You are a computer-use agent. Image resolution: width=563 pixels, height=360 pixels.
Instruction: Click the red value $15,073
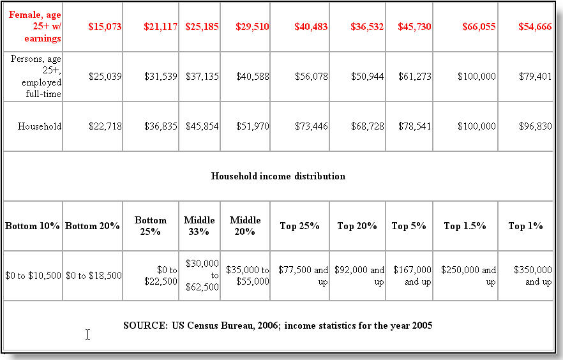point(105,27)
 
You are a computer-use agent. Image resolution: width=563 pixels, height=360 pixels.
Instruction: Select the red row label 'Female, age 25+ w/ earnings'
point(35,27)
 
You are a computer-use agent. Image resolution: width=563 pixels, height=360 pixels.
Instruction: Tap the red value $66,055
point(479,27)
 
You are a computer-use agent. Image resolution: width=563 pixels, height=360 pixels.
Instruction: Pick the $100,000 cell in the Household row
point(477,126)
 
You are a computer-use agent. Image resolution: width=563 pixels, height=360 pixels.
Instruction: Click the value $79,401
point(536,77)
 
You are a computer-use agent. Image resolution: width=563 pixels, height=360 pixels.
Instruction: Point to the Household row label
point(40,126)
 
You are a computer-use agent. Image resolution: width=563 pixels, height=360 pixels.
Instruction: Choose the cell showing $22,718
point(105,126)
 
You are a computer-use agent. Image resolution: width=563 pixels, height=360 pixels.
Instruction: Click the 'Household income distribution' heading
point(278,176)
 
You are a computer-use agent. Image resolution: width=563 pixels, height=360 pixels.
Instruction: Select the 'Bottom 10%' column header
point(33,226)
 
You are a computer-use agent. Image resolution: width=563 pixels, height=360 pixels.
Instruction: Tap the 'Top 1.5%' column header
point(465,226)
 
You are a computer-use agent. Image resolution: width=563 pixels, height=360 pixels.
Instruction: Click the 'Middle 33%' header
point(199,226)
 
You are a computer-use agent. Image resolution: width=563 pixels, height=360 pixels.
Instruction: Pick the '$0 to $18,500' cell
point(94,276)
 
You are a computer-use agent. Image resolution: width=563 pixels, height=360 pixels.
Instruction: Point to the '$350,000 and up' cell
point(533,276)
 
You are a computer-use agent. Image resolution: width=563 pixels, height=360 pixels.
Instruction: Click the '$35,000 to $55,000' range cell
point(248,276)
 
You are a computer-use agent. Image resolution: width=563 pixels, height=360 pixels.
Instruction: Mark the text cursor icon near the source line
point(87,334)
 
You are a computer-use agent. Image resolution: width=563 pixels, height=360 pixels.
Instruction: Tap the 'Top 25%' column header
point(300,226)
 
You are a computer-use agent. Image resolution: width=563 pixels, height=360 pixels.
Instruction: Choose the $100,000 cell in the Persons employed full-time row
point(477,77)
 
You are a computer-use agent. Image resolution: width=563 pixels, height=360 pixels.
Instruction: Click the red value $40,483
point(311,27)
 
